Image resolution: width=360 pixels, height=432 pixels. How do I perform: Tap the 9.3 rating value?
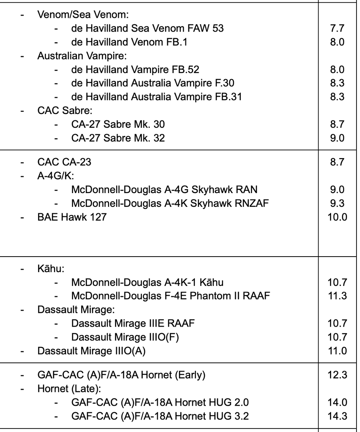point(337,203)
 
